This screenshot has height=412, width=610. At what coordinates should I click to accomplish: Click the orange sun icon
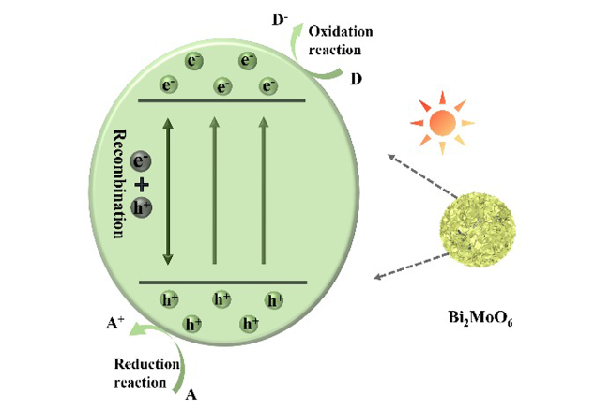(442, 123)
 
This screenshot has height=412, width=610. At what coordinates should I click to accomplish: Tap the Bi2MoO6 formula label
(480, 318)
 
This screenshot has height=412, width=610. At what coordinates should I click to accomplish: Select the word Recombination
(118, 184)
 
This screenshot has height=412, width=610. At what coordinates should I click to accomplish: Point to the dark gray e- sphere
(141, 161)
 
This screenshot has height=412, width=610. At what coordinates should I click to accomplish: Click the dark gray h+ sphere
(141, 207)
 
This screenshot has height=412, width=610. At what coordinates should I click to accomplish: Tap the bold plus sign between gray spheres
(141, 185)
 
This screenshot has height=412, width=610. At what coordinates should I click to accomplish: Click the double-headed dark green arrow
(168, 191)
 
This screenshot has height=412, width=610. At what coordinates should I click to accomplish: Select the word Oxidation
(341, 31)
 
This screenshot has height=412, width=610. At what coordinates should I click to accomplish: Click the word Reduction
(146, 364)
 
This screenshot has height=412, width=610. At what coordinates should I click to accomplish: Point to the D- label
(280, 21)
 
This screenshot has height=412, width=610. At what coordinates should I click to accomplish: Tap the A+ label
(114, 323)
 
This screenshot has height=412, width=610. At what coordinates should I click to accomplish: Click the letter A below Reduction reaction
(191, 395)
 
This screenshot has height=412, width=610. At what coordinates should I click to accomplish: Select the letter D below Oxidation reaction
(356, 79)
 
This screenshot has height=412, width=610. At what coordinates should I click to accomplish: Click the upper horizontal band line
(221, 100)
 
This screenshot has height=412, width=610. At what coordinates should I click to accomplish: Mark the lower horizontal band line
(223, 282)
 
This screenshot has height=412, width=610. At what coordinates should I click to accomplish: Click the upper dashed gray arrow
(422, 175)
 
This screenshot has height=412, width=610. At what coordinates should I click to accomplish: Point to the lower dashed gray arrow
(411, 267)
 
